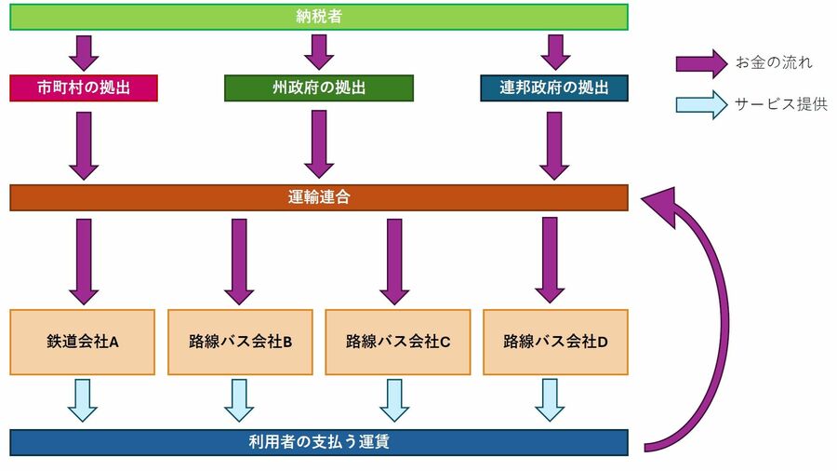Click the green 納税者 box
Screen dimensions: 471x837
point(319,17)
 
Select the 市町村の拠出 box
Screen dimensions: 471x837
point(84,87)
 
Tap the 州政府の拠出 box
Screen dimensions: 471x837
point(319,87)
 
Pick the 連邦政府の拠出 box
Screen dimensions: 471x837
point(554,87)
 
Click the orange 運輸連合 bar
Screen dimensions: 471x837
point(319,197)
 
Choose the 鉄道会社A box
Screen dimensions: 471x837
point(83,342)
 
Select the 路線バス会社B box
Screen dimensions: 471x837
point(240,342)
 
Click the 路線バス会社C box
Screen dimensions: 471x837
point(397,342)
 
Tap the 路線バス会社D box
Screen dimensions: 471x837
point(555,342)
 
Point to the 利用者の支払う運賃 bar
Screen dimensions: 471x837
point(319,441)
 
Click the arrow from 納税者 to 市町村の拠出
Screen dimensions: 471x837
point(84,52)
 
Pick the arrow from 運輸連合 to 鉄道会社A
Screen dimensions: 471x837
point(84,260)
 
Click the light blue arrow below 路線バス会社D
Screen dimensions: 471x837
point(550,399)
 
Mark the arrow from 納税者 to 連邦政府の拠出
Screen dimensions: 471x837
point(555,52)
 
